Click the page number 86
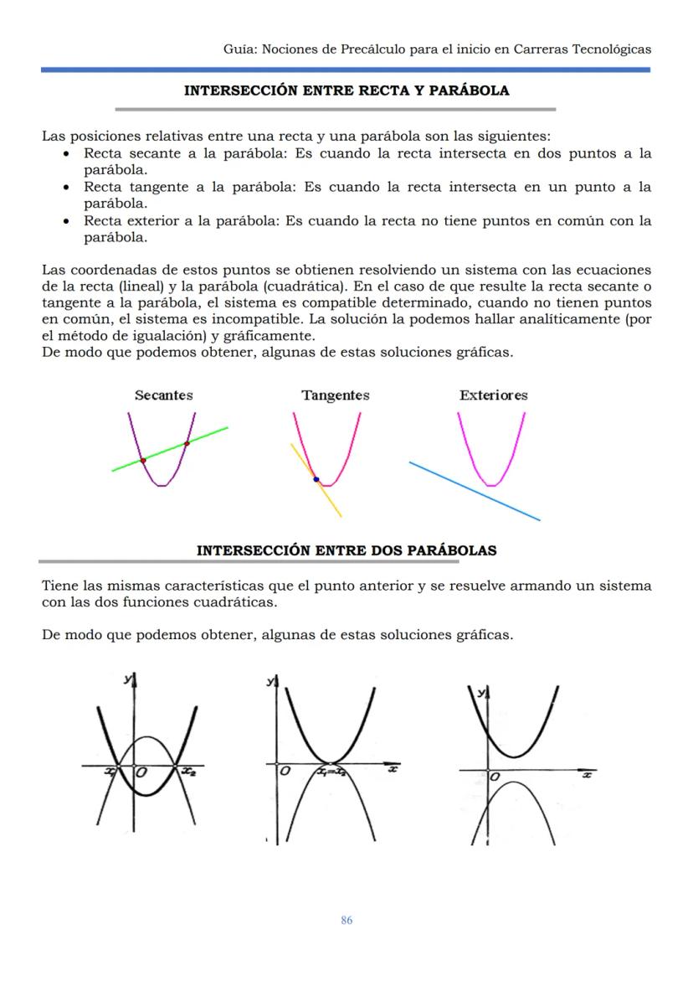[346, 921]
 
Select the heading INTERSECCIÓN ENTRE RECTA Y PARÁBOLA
[346, 90]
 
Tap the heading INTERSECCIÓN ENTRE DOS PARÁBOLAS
[346, 550]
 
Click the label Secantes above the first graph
[163, 395]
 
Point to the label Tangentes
[335, 395]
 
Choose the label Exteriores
[493, 395]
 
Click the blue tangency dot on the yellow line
[316, 479]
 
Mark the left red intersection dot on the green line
[143, 461]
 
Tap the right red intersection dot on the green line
[187, 443]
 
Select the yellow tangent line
[331, 503]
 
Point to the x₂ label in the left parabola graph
[188, 772]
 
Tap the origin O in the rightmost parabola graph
[495, 778]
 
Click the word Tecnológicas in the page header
[612, 49]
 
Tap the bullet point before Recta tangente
[66, 188]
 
